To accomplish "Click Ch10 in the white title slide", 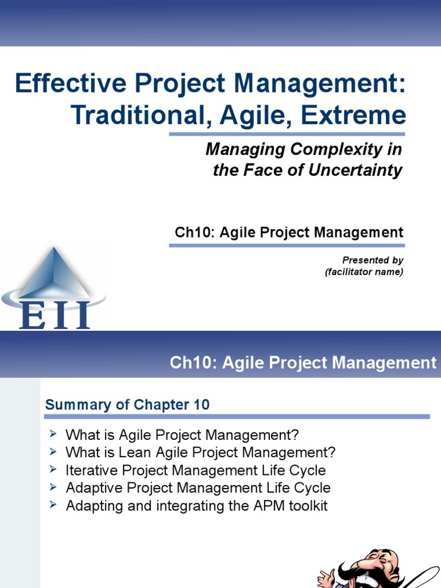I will tap(193, 233).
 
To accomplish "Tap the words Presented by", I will tap(373, 260).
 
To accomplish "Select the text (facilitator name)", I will tap(363, 272).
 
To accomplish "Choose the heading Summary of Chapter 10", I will tap(127, 405).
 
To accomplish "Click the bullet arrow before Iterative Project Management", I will tap(53, 470).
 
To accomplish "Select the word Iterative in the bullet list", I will tap(89, 470).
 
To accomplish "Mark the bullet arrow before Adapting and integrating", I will tap(53, 505).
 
